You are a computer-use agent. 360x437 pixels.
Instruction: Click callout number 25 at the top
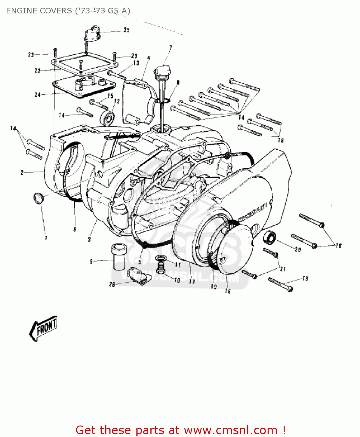(126, 30)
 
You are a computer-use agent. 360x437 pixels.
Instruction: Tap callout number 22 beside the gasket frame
(37, 71)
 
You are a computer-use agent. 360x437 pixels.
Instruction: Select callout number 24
(38, 95)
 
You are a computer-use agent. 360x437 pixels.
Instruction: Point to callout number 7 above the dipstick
(171, 48)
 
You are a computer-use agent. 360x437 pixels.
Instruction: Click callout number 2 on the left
(22, 172)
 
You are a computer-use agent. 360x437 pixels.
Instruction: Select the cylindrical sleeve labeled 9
(119, 256)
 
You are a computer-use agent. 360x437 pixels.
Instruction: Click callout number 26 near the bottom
(112, 284)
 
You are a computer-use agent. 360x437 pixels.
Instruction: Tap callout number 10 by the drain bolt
(177, 280)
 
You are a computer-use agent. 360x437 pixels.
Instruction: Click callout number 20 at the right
(298, 249)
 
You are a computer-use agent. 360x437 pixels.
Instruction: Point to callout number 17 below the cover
(192, 282)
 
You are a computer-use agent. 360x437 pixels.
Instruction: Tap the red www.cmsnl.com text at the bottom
(231, 430)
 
